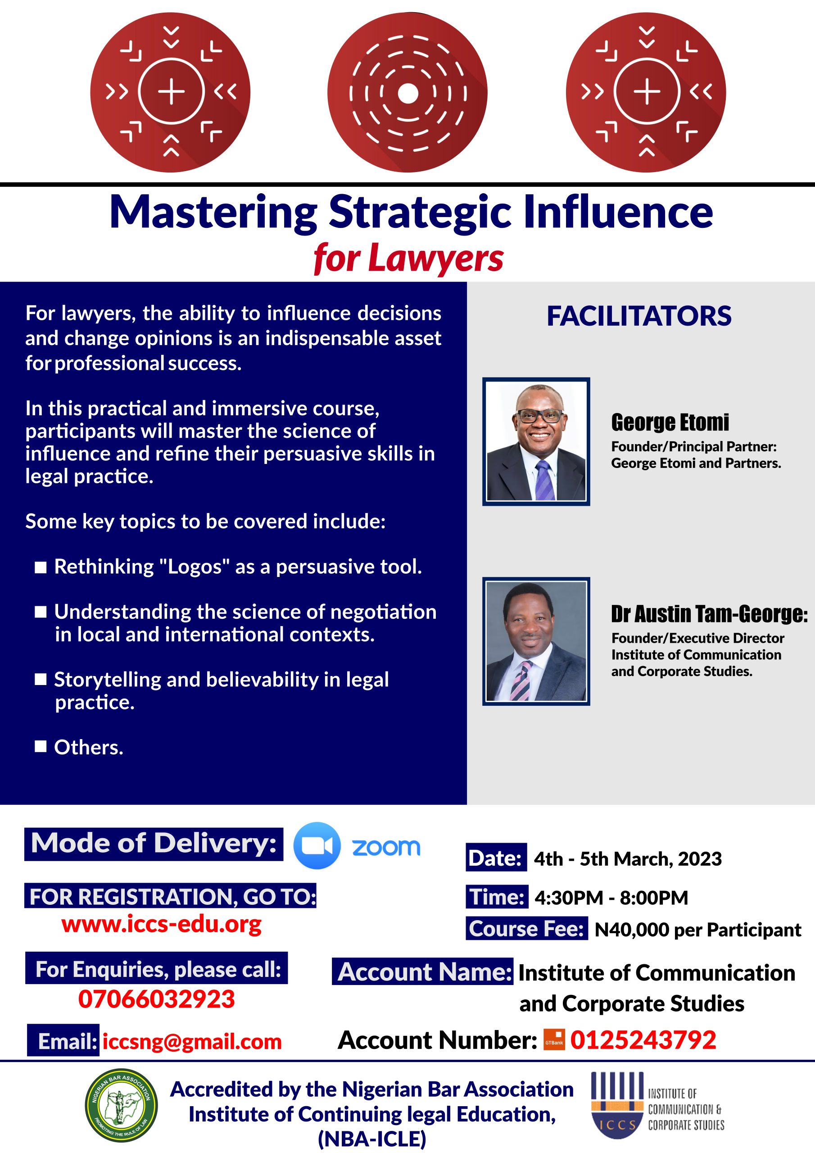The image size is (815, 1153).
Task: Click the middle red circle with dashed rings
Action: point(407,92)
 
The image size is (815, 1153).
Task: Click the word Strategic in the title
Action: point(420,213)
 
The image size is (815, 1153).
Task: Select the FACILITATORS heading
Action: point(639,316)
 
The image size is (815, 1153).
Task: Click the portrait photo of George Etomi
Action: point(536,441)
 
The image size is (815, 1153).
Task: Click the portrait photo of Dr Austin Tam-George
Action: point(536,641)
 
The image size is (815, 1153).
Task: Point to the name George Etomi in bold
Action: point(670,422)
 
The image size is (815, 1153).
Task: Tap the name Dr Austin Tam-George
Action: point(710,614)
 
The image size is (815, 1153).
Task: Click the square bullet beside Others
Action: point(41,747)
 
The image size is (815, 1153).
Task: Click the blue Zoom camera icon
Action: point(317,846)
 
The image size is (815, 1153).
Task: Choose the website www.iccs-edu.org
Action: point(162,924)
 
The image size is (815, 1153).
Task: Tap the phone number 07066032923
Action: point(157,999)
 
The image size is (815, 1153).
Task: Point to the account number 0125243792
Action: point(643,1040)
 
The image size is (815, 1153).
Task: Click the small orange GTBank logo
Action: point(554,1040)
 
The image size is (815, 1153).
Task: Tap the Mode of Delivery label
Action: point(154,844)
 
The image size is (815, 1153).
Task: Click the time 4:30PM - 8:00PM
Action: point(611,897)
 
